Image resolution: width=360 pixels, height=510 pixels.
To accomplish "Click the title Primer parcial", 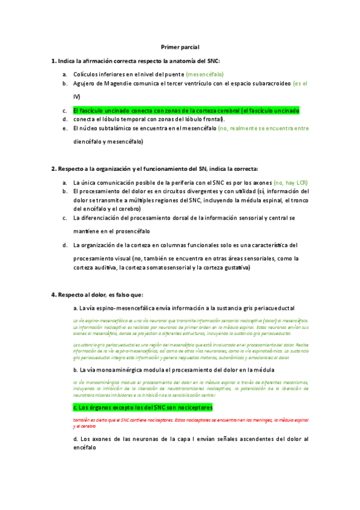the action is coord(180,46).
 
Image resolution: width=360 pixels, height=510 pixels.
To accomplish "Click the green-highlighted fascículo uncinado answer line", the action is coord(186,111).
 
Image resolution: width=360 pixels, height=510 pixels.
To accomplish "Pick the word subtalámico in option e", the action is coord(116,128).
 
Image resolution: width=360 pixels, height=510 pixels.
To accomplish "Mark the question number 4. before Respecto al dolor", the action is coord(54,294).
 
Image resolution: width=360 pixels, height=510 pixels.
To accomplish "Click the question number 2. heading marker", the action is coord(54,168).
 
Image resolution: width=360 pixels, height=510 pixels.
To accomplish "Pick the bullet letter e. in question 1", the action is coord(65,128).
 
